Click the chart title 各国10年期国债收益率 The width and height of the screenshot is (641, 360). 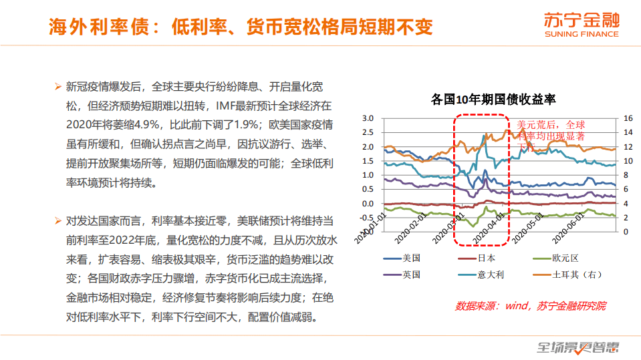pyautogui.click(x=494, y=100)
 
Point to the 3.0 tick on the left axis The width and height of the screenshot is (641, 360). pyautogui.click(x=367, y=118)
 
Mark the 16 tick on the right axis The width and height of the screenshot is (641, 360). pyautogui.click(x=628, y=118)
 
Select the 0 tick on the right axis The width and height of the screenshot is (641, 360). pyautogui.click(x=625, y=232)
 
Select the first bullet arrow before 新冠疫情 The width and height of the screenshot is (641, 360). pyautogui.click(x=57, y=87)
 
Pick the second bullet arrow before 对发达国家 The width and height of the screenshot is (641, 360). pyautogui.click(x=57, y=220)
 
